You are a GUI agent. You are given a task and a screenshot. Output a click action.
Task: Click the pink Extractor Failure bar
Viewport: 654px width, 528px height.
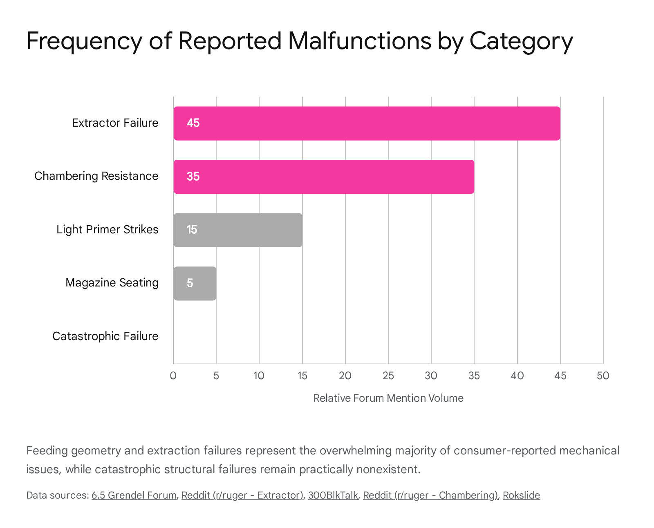367,123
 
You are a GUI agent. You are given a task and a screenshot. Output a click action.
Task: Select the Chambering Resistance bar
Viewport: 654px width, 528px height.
324,177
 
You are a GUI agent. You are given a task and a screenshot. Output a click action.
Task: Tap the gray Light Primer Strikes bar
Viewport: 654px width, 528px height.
238,230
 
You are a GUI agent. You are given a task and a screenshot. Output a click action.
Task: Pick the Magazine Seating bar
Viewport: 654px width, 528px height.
195,283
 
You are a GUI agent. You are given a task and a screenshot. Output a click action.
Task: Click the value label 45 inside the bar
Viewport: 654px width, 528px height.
193,123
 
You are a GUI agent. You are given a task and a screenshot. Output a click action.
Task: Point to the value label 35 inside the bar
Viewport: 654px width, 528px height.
193,177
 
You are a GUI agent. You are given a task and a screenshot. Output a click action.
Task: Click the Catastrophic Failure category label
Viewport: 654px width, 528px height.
105,336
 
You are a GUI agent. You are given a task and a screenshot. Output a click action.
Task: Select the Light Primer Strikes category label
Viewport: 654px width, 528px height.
107,230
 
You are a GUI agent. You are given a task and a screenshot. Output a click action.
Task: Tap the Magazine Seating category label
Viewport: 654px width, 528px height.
112,283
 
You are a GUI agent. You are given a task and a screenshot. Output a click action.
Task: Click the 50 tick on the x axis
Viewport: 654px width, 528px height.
603,376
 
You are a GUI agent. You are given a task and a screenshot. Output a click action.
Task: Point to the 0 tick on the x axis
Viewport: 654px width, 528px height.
173,376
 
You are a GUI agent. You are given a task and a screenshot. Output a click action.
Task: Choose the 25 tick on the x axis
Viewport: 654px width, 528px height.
388,376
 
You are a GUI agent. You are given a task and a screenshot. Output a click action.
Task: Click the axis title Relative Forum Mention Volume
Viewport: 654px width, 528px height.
388,398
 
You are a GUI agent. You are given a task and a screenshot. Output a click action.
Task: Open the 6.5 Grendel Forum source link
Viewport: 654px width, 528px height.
134,495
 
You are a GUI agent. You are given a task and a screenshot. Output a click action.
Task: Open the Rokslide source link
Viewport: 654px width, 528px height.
521,495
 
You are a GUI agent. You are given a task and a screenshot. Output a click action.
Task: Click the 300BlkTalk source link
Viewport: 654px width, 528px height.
333,495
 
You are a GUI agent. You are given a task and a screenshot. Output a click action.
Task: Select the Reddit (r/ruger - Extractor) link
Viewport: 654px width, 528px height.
242,495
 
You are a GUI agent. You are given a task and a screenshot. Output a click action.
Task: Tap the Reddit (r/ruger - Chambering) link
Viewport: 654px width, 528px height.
430,495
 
